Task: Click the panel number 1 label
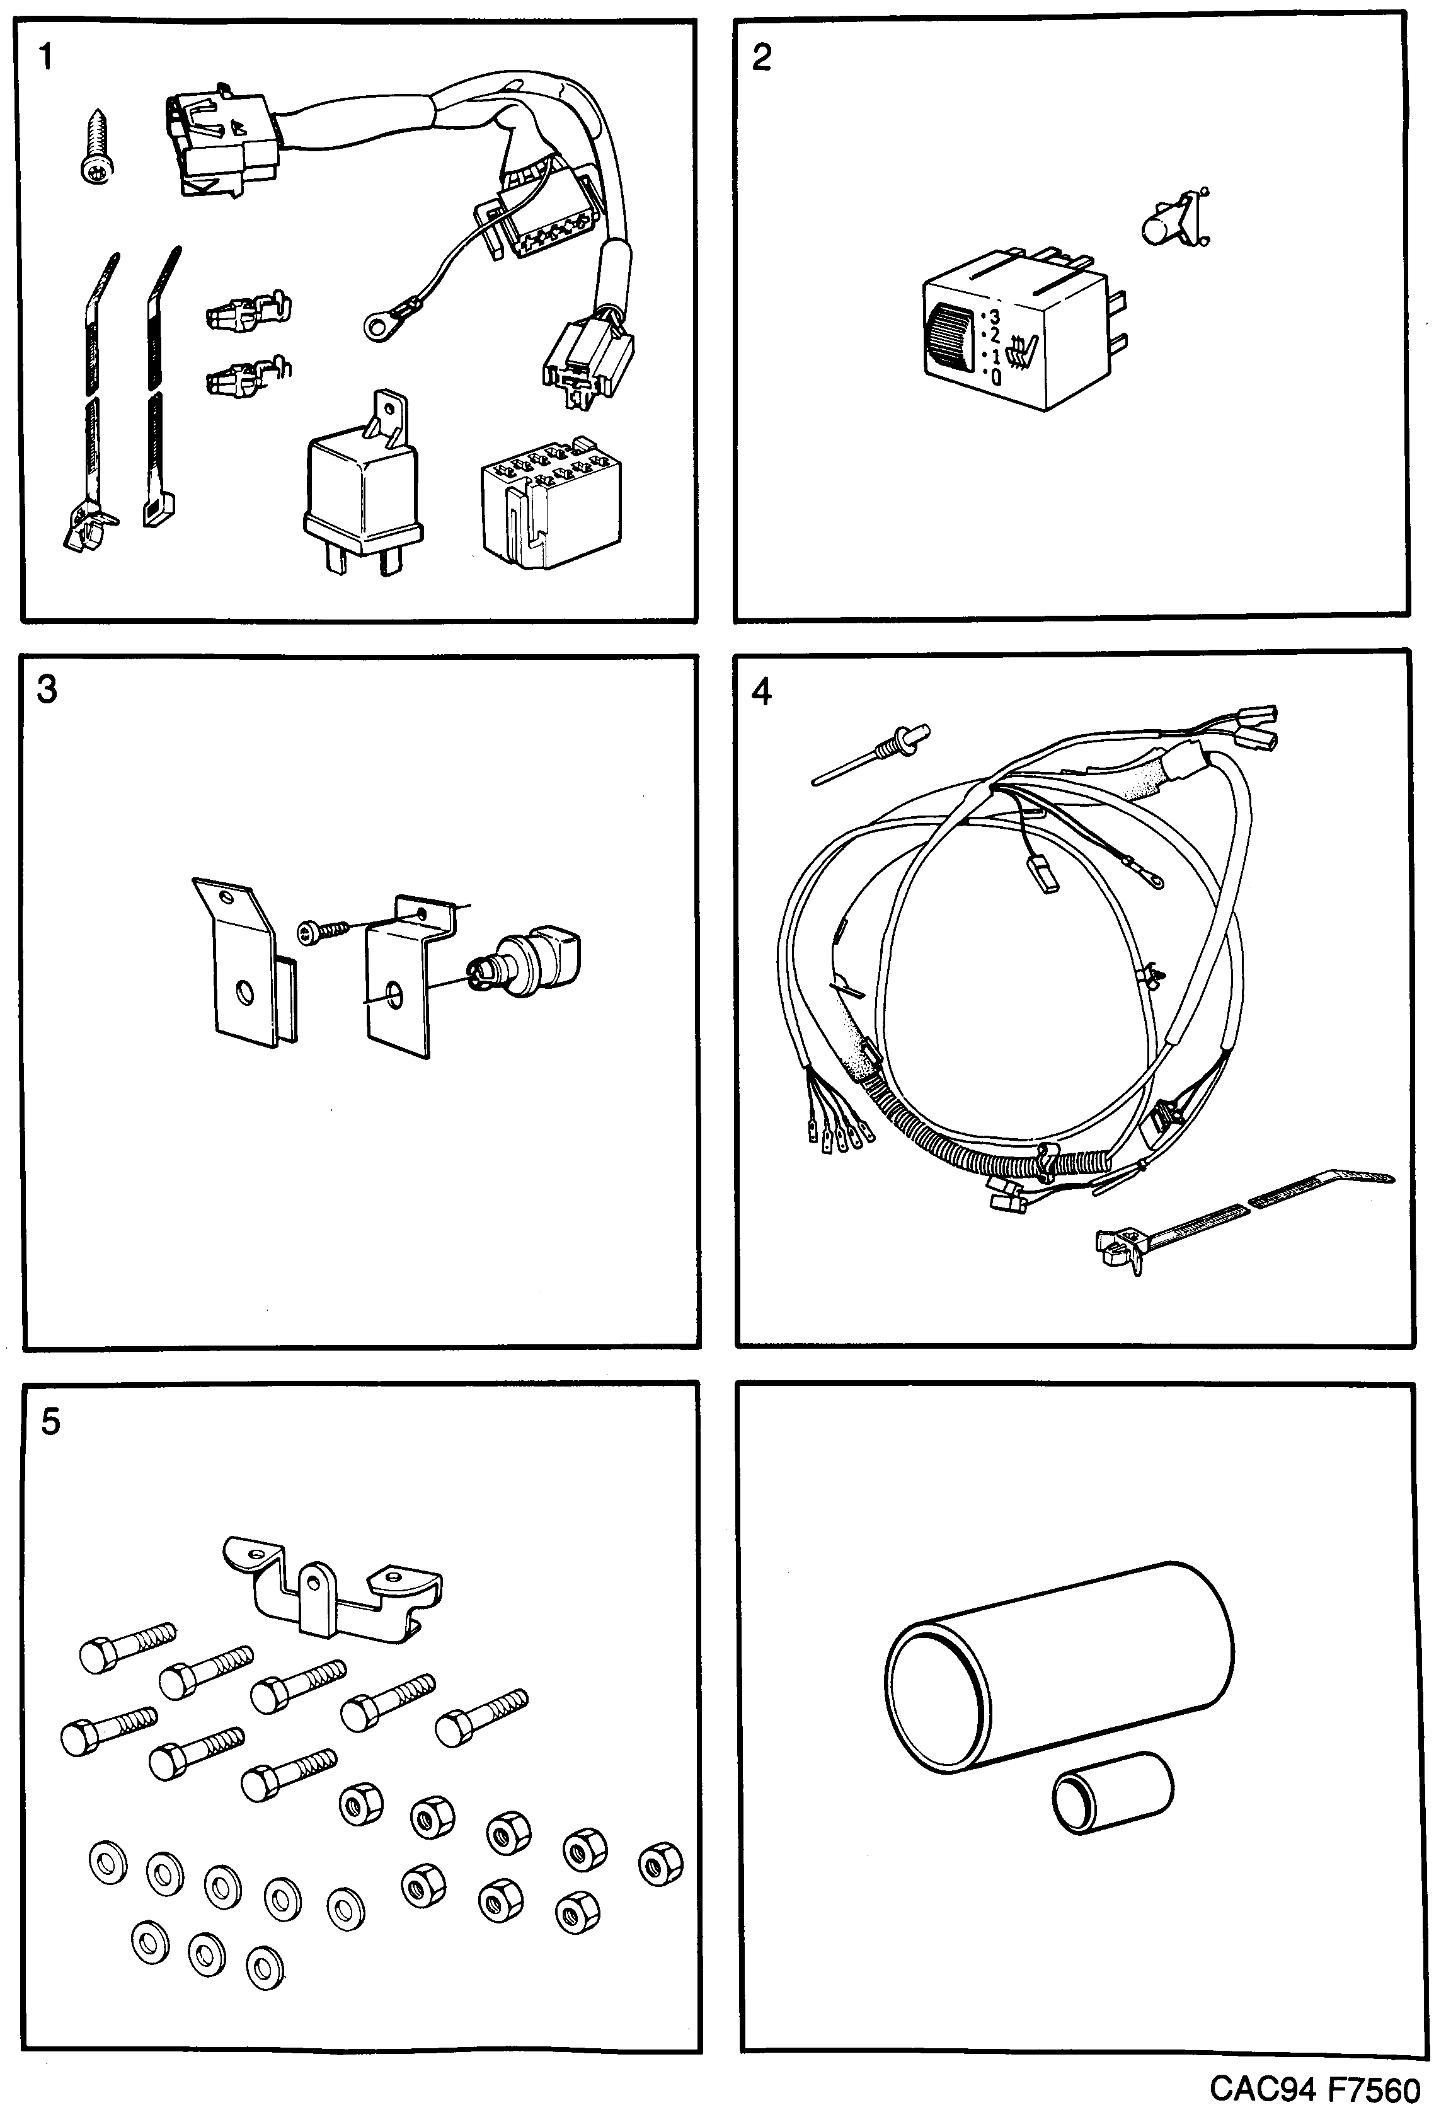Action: pyautogui.click(x=45, y=59)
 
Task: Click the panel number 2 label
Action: pyautogui.click(x=760, y=59)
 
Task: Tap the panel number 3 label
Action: pyautogui.click(x=47, y=689)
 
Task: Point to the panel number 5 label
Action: pyautogui.click(x=50, y=1422)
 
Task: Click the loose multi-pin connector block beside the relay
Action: pyautogui.click(x=551, y=502)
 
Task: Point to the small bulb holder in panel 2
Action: pyautogui.click(x=1171, y=219)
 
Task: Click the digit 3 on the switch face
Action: pyautogui.click(x=994, y=317)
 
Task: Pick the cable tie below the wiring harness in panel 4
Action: pyautogui.click(x=1232, y=1219)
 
